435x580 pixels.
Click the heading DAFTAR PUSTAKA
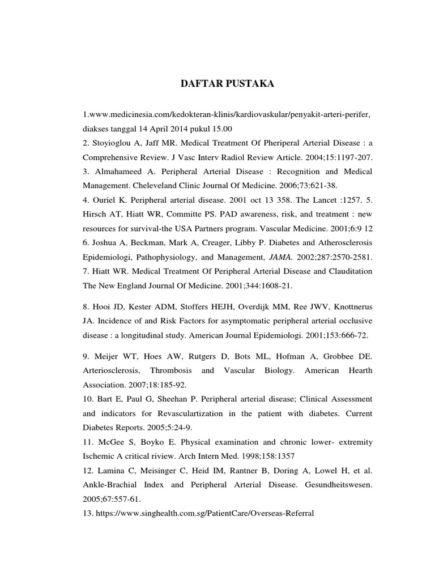tap(227, 84)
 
